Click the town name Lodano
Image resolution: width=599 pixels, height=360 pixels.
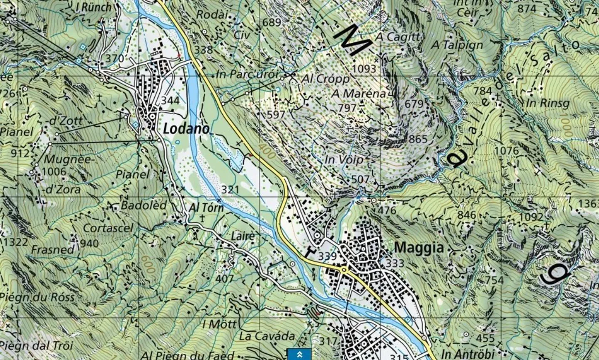(186, 128)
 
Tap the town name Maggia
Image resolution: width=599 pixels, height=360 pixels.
(418, 248)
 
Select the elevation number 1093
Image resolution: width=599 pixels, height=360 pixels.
(364, 69)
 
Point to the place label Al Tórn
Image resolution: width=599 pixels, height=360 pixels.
(206, 207)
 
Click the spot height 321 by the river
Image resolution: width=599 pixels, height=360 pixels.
(230, 190)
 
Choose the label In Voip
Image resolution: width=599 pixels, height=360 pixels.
(344, 159)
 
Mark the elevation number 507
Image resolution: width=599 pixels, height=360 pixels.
(360, 180)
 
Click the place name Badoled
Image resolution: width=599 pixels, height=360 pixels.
(144, 205)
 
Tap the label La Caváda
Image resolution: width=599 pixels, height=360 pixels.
(267, 336)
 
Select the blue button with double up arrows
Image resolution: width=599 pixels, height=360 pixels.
(299, 354)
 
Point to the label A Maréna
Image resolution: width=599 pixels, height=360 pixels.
(359, 94)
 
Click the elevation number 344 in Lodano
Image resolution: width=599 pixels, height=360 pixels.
(170, 100)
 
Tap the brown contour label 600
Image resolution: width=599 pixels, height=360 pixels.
(147, 265)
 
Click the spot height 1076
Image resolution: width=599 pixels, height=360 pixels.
(507, 150)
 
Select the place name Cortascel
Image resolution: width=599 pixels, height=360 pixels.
(108, 228)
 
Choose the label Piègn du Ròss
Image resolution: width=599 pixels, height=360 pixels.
(37, 297)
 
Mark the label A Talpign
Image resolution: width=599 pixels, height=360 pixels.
(457, 44)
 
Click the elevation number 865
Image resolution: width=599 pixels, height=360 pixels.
(418, 139)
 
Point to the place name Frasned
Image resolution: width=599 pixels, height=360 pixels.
(53, 249)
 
